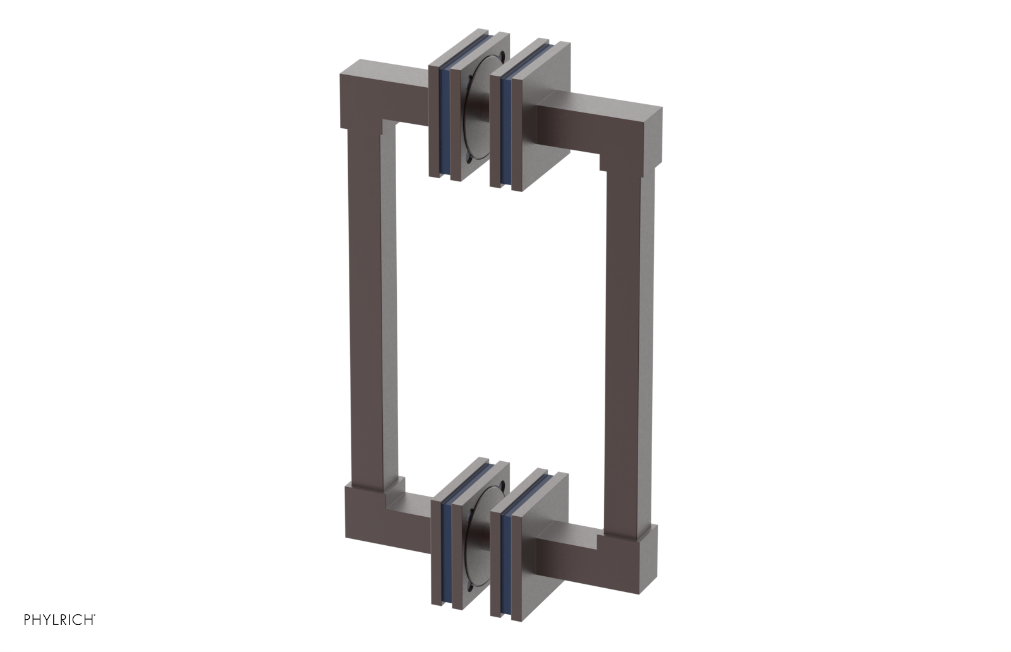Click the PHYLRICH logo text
click(59, 619)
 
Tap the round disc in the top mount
click(478, 120)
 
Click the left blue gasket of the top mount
click(444, 120)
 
